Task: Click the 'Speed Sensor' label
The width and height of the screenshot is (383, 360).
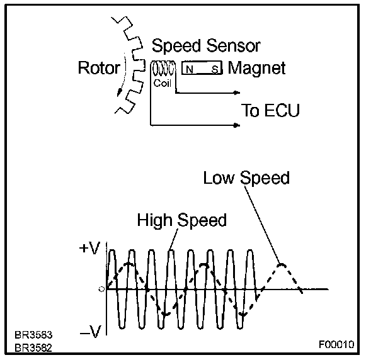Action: [x=206, y=47]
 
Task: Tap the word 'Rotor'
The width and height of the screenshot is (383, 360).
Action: [x=99, y=67]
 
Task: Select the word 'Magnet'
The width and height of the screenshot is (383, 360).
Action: [x=257, y=68]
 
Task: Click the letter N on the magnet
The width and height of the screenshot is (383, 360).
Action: [x=189, y=69]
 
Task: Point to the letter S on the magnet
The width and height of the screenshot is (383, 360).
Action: [x=214, y=69]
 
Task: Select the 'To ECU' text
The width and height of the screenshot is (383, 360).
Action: [x=270, y=111]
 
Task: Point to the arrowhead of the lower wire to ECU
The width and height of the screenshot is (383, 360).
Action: [x=237, y=124]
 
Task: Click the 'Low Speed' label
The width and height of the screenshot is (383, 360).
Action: [x=246, y=178]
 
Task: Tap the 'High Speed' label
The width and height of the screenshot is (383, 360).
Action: [x=182, y=220]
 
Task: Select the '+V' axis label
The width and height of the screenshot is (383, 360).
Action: [x=89, y=249]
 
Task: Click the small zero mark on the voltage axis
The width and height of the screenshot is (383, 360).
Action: [x=101, y=289]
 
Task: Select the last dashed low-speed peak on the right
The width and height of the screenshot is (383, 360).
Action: [x=282, y=265]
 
